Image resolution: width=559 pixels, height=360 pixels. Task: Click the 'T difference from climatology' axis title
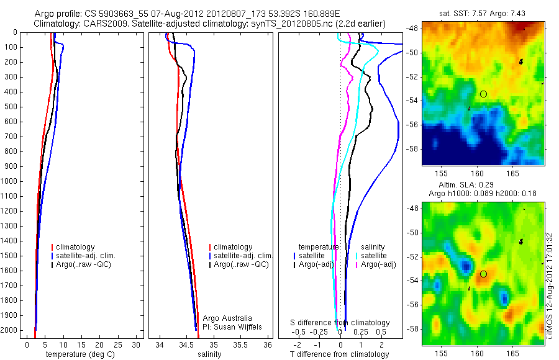[x=340, y=354]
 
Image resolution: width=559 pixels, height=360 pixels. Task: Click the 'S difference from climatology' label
[x=340, y=323]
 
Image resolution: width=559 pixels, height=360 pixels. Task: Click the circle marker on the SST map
[x=484, y=94]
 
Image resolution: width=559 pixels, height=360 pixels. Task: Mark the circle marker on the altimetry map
[x=484, y=274]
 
